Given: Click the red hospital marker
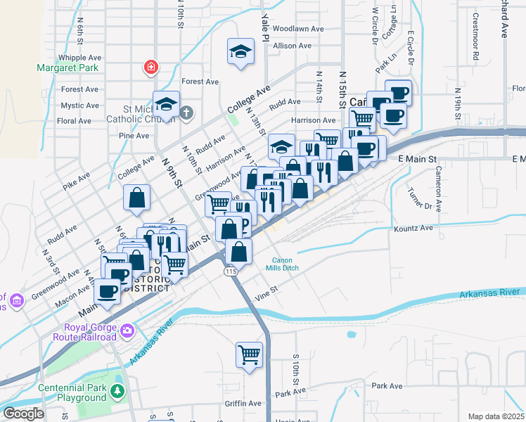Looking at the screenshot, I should [150, 68].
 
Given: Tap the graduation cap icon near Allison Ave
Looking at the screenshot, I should [240, 51].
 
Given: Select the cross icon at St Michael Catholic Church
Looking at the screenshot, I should [186, 112].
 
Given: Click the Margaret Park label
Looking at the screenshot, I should [68, 68].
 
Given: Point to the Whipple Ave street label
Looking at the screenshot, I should [81, 58].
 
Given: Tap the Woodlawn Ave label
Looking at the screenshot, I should [298, 29].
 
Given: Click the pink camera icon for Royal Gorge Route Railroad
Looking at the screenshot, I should [127, 330].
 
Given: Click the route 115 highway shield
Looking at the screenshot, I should [230, 271].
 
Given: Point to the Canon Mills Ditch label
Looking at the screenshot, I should [287, 264].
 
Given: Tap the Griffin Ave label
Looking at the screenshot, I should [243, 403].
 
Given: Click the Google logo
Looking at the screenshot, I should [23, 414].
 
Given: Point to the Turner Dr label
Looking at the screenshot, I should [419, 198].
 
